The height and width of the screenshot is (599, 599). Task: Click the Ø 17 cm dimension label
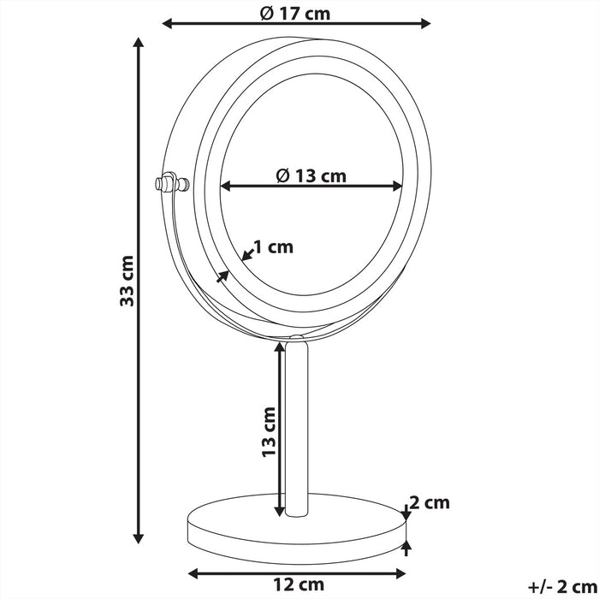[x=294, y=13]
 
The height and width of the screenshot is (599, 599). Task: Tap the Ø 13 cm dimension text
[x=311, y=175]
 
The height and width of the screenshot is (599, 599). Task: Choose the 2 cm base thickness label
[x=430, y=502]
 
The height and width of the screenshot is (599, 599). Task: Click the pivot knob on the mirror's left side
[x=168, y=183]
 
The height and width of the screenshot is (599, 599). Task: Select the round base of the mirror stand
[x=296, y=532]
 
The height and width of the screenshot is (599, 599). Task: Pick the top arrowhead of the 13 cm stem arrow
[x=280, y=347]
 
